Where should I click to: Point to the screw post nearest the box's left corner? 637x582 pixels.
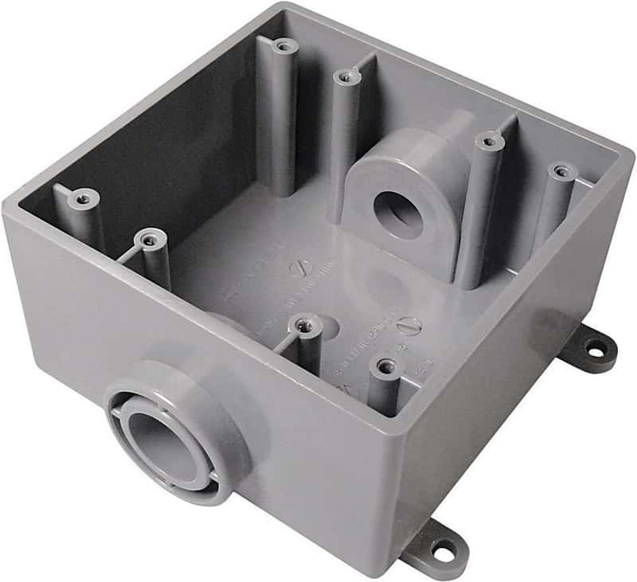point(82,196)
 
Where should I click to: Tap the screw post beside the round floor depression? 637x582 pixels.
point(304,323)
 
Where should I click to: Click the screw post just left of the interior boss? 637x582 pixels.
point(343,76)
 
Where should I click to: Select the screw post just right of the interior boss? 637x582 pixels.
point(488,142)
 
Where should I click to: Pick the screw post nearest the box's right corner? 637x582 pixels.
point(562,171)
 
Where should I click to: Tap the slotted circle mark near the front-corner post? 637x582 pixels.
point(407,325)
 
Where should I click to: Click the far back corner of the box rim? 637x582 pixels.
point(279,6)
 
